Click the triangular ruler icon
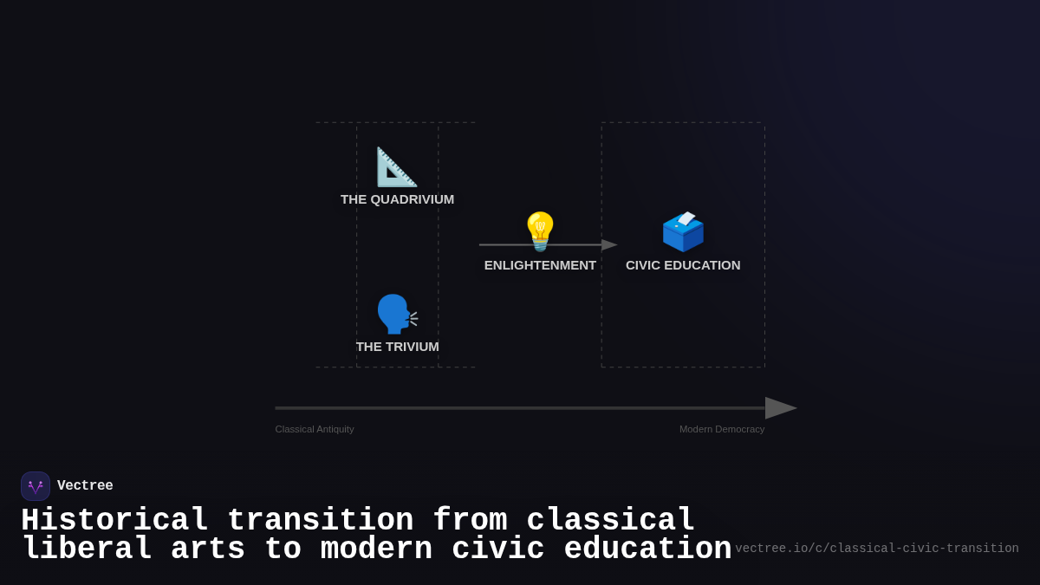pyautogui.click(x=396, y=166)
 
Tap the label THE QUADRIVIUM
pyautogui.click(x=397, y=199)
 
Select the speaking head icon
pyautogui.click(x=396, y=314)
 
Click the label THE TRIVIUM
pyautogui.click(x=397, y=347)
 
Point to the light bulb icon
pyautogui.click(x=540, y=231)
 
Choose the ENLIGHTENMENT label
pyautogui.click(x=540, y=265)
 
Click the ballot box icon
pyautogui.click(x=683, y=231)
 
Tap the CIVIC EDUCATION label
pyautogui.click(x=683, y=265)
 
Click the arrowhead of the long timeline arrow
pyautogui.click(x=780, y=408)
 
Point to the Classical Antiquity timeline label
pyautogui.click(x=315, y=429)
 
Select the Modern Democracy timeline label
pyautogui.click(x=722, y=429)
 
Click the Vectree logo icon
pyautogui.click(x=36, y=486)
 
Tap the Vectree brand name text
pyautogui.click(x=85, y=486)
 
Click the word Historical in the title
pyautogui.click(x=114, y=521)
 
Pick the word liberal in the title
pyautogui.click(x=87, y=549)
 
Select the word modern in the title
pyautogui.click(x=376, y=549)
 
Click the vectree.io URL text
pyautogui.click(x=876, y=549)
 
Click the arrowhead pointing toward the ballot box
pyautogui.click(x=609, y=245)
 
